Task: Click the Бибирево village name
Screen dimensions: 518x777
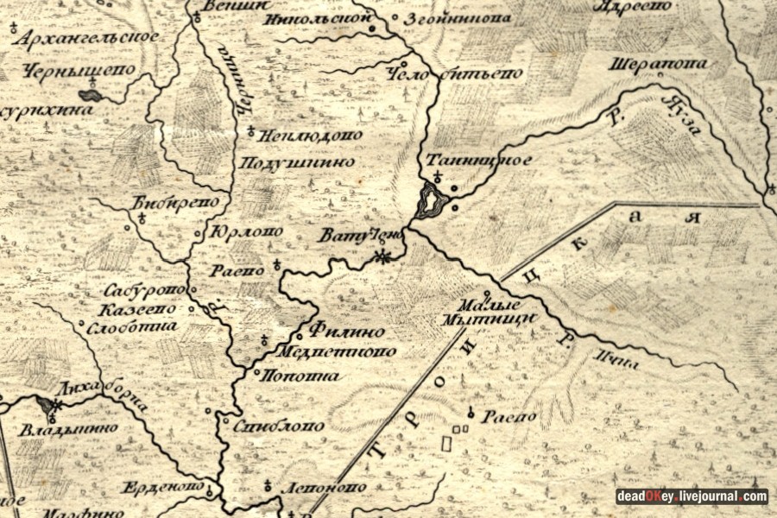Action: click(180, 202)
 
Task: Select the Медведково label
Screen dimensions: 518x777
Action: click(337, 351)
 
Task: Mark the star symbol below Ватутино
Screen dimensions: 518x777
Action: click(384, 256)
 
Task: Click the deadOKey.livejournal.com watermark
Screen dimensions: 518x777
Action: click(692, 496)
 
